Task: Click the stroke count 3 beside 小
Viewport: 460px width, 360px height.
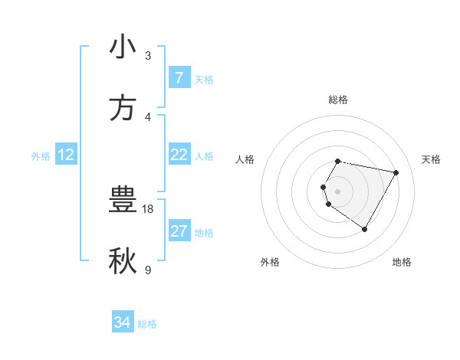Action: coord(148,56)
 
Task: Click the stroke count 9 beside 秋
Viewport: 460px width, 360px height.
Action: coord(148,270)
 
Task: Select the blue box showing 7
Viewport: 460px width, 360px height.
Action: coord(179,78)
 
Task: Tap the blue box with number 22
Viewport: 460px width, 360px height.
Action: coord(179,155)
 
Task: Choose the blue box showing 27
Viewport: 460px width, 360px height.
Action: coord(179,232)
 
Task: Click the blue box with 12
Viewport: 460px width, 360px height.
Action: coord(66,155)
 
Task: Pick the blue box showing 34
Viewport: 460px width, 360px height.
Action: coord(122,323)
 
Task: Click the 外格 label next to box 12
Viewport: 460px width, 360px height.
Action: coord(41,156)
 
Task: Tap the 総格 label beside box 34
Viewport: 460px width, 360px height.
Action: coord(147,324)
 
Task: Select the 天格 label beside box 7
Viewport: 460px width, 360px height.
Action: coord(204,79)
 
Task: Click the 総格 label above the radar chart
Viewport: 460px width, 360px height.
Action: coord(338,100)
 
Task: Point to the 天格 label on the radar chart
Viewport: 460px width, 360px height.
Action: coord(432,159)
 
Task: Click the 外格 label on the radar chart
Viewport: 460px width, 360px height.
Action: coord(270,262)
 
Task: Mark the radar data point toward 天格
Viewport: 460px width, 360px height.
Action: coord(396,173)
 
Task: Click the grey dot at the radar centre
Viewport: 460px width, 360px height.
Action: coord(338,191)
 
